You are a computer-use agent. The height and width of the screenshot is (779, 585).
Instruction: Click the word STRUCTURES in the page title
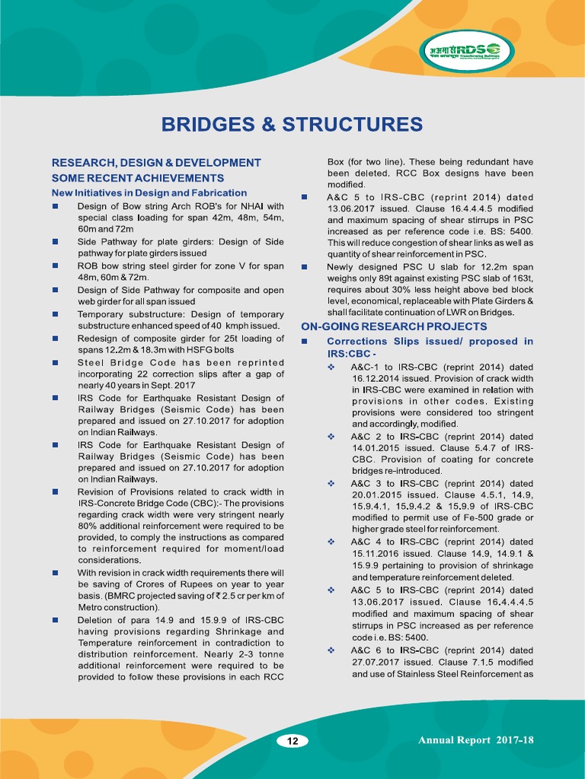349,125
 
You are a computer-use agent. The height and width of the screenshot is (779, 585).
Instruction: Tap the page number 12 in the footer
292,741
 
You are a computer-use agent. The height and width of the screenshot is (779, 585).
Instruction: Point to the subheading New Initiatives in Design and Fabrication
149,193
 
